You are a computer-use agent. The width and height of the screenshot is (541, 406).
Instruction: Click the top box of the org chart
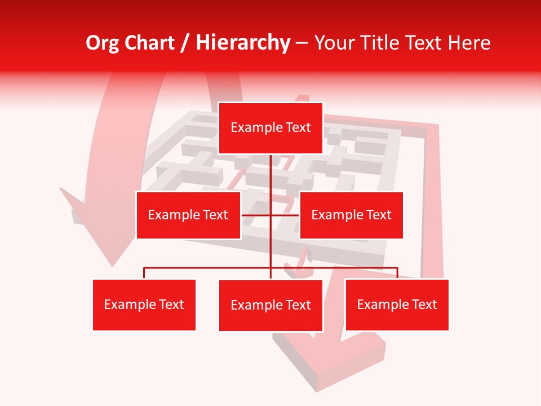click(270, 128)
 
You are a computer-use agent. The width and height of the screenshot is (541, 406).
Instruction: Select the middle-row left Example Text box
click(188, 215)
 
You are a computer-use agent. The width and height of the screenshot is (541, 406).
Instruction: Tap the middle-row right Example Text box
click(351, 215)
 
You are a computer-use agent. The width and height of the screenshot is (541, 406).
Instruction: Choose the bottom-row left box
click(144, 304)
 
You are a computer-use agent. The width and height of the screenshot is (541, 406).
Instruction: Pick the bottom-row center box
click(270, 305)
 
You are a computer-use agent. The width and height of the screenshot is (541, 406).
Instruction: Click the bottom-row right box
click(397, 304)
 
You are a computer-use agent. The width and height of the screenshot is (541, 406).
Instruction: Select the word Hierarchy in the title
click(243, 43)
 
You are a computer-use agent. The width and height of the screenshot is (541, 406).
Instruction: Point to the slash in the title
click(185, 43)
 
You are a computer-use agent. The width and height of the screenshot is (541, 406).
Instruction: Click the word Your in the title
click(334, 43)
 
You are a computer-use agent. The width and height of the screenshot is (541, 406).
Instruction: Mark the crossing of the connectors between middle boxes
click(270, 215)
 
